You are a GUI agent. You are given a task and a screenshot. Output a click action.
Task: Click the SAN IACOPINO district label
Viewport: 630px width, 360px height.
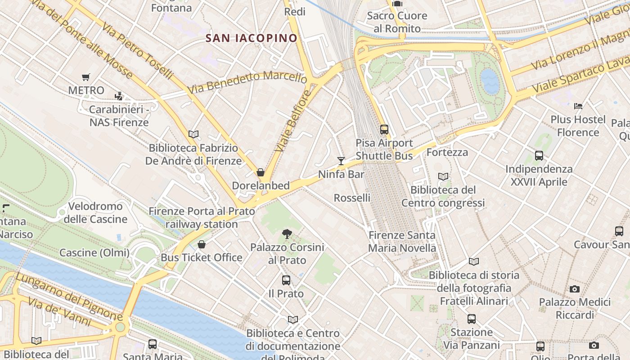click(252, 38)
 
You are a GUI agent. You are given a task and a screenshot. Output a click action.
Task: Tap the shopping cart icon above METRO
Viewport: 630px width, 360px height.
click(86, 77)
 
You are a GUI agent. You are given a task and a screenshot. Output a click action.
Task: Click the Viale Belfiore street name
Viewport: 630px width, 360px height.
click(293, 121)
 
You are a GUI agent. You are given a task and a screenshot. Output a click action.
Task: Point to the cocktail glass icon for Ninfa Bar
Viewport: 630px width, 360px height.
click(341, 161)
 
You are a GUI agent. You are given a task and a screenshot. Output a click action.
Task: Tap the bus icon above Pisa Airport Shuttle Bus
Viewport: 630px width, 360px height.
click(384, 130)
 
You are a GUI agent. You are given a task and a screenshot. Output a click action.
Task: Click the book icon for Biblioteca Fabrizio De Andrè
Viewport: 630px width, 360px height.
click(193, 134)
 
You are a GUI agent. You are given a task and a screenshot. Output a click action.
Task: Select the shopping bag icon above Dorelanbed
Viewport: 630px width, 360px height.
click(260, 172)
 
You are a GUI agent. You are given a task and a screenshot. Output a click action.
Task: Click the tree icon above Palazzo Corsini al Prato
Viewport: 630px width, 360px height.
click(287, 234)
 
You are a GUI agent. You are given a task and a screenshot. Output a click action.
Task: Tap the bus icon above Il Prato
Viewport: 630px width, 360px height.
click(286, 280)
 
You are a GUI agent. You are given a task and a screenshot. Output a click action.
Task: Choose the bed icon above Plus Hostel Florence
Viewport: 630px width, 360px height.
click(578, 106)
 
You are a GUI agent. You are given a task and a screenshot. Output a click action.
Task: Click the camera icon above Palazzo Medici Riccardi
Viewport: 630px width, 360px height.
click(575, 289)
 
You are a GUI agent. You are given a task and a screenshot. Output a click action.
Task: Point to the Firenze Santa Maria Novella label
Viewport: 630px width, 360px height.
click(402, 242)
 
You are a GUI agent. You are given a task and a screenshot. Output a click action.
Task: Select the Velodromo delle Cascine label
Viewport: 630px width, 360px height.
click(95, 213)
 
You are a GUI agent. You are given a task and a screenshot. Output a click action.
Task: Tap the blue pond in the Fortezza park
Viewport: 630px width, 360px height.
click(490, 81)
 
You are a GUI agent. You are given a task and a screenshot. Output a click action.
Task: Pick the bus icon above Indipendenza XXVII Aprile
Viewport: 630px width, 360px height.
click(539, 156)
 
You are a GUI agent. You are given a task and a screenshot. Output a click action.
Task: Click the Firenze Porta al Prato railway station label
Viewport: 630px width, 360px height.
click(202, 217)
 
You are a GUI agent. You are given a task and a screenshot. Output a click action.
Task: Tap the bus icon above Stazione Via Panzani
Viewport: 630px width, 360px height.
click(472, 319)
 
